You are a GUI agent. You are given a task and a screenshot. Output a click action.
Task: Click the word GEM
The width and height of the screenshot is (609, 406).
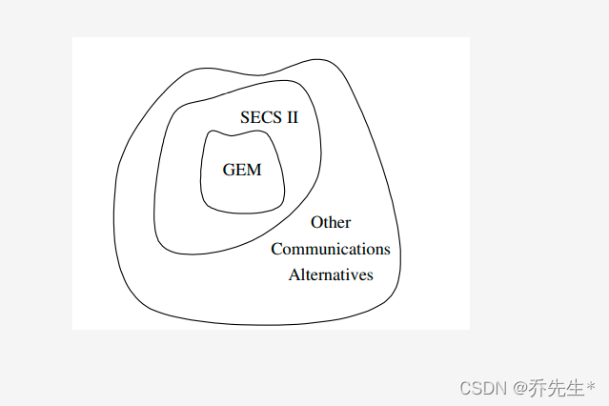tap(241, 171)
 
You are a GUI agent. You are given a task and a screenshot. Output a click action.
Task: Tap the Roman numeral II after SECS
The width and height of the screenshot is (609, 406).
tap(290, 118)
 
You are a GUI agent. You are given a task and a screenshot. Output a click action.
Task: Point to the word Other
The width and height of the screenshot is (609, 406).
tap(331, 223)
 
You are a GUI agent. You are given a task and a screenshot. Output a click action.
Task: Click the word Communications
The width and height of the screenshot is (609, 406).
tap(331, 250)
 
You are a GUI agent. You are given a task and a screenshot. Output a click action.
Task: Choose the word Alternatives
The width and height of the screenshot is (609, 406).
tap(331, 275)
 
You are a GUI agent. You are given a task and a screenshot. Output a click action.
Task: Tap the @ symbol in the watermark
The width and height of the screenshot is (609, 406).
tap(519, 388)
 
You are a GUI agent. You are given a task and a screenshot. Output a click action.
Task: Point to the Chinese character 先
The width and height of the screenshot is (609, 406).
tap(557, 388)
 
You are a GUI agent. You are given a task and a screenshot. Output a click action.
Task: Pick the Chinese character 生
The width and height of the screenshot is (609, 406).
tap(576, 388)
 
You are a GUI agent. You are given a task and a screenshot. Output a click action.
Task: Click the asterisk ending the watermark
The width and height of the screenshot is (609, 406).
tap(591, 386)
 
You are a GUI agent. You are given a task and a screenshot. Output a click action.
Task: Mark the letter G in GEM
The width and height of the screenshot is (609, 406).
tap(229, 171)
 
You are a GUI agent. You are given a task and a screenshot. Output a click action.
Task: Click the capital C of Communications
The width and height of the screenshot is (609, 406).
tap(276, 250)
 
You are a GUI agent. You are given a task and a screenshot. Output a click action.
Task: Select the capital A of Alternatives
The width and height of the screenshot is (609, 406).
tap(294, 275)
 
